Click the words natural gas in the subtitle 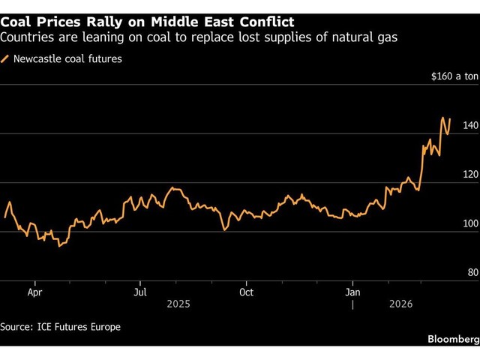pos(367,37)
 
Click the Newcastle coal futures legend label pos(67,58)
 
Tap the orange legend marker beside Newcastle pos(7,58)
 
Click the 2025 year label pos(178,304)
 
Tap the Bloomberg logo pos(452,340)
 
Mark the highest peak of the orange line pos(443,118)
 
